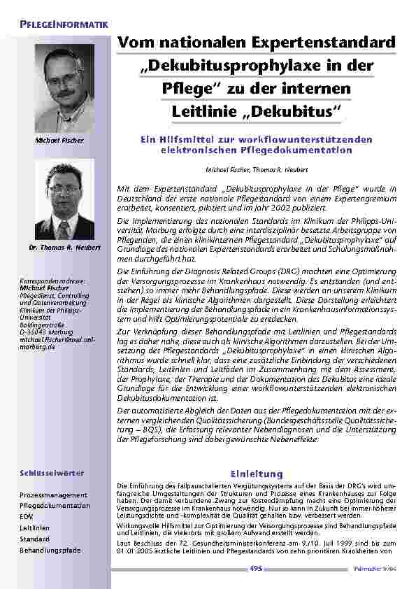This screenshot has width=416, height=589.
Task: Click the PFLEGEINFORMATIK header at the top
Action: coord(64,25)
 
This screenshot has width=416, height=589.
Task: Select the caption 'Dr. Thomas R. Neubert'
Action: coord(61,248)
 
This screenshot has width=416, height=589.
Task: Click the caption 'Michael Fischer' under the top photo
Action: coord(59,140)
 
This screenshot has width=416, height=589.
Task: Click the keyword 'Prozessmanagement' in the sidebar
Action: coord(54,495)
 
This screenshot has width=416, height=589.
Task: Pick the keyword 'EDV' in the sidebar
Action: coord(26,517)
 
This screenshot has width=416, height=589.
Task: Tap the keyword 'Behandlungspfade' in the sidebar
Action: coord(50,551)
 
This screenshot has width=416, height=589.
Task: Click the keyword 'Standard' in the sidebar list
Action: coord(34,539)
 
